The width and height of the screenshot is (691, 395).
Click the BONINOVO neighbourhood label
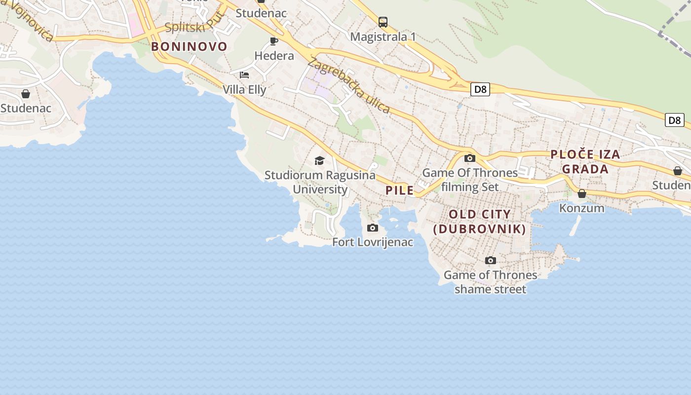[x=189, y=47]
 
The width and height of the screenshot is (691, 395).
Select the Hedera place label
[x=274, y=56]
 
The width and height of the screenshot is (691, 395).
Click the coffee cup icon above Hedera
[x=274, y=40]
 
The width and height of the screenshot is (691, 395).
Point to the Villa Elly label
[x=244, y=89]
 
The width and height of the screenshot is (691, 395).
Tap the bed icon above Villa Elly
[x=244, y=75]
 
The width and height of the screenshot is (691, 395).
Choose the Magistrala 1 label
[x=383, y=37]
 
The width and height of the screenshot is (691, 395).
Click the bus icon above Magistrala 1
[x=383, y=22]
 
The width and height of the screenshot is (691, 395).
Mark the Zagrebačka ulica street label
[x=348, y=85]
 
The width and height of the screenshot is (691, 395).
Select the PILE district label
[x=399, y=191]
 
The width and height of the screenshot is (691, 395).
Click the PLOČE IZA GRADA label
[x=585, y=161]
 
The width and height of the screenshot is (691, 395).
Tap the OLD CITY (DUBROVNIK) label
[x=480, y=222]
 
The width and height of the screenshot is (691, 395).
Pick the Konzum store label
[x=581, y=208]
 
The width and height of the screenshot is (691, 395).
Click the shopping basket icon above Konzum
[x=582, y=194]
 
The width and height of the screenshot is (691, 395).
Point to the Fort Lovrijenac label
[x=373, y=242]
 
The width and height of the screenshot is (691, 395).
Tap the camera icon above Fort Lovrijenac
[x=373, y=228]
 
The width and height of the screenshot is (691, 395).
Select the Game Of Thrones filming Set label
[x=470, y=180]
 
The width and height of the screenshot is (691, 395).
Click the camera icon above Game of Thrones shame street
[x=490, y=260]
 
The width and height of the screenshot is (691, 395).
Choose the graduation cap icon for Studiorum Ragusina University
[x=319, y=160]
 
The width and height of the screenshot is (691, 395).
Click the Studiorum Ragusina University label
[x=320, y=182]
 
